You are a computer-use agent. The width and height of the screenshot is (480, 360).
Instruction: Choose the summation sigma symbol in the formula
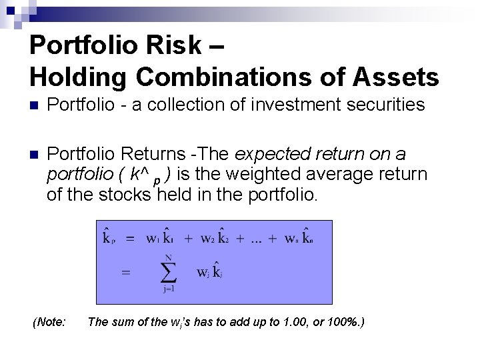pyautogui.click(x=169, y=272)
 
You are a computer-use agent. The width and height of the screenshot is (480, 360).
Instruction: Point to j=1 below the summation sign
pyautogui.click(x=169, y=289)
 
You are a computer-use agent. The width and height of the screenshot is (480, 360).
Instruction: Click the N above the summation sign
pyautogui.click(x=169, y=257)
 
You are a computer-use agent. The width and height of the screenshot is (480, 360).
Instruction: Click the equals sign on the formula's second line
pyautogui.click(x=125, y=272)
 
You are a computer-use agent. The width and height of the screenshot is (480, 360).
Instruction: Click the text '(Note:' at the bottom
pyautogui.click(x=49, y=323)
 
